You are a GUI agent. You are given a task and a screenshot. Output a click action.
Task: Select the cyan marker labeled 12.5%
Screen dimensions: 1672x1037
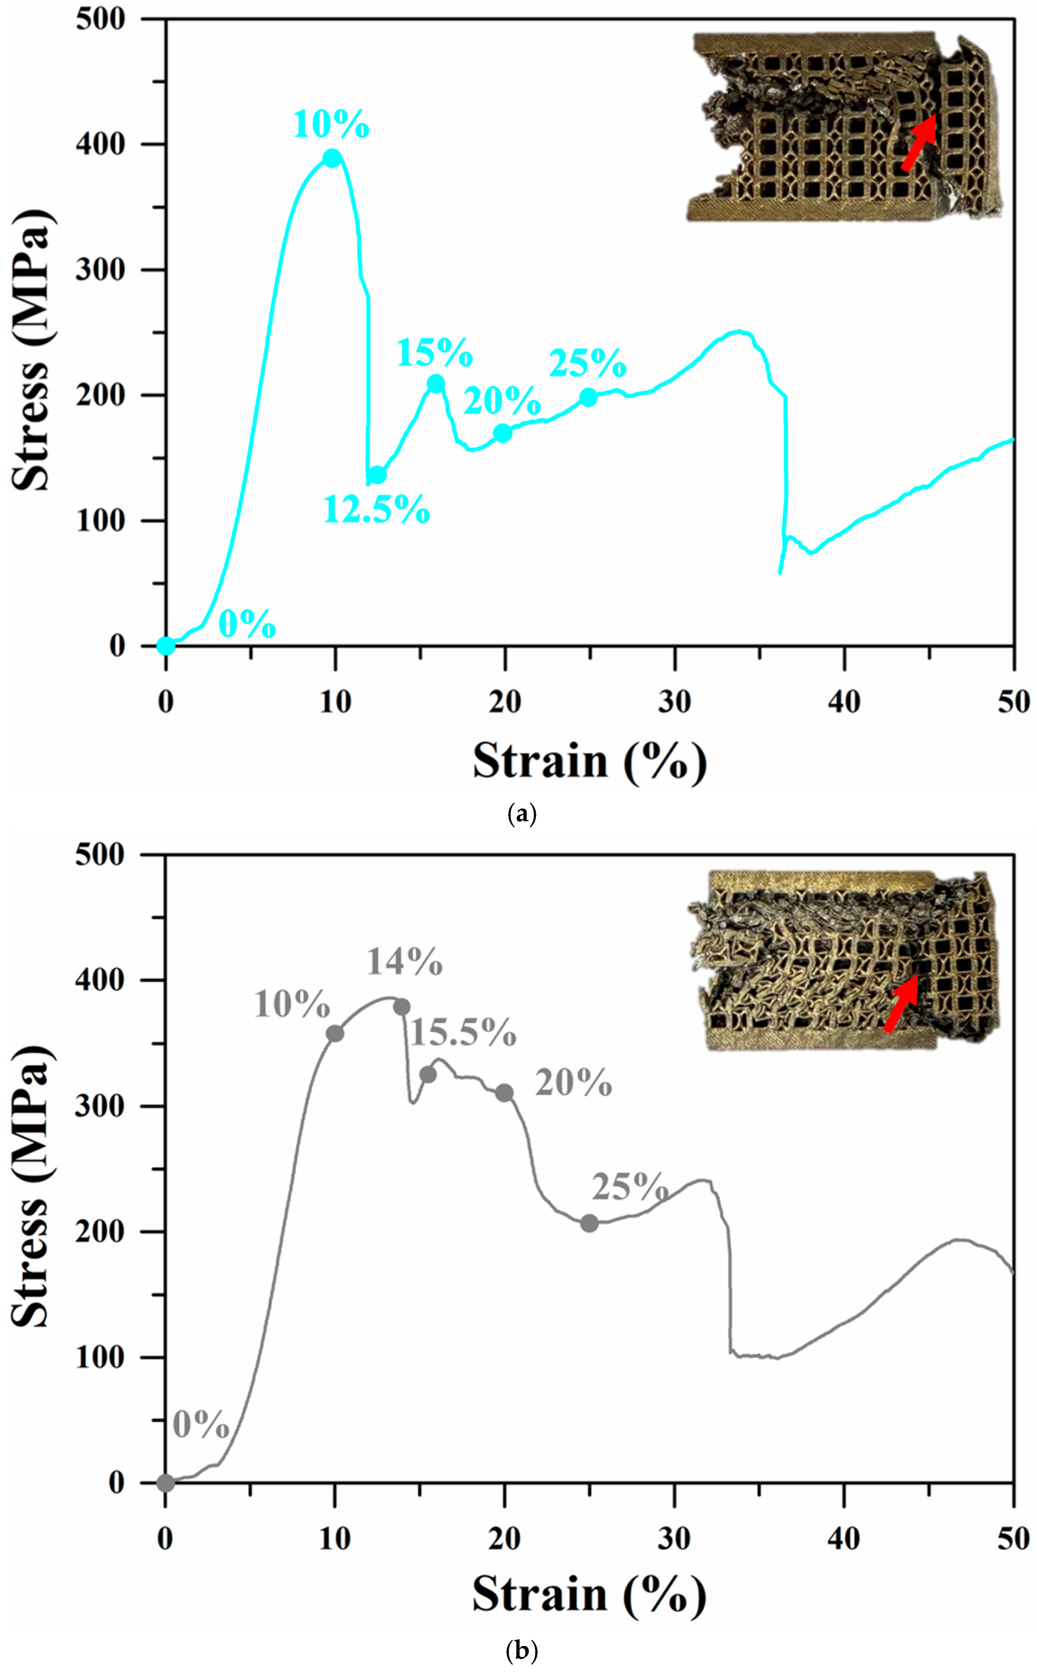point(377,475)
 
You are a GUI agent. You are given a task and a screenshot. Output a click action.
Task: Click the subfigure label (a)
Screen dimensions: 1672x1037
point(521,814)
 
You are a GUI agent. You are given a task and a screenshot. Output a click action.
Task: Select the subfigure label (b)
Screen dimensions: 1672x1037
point(521,1651)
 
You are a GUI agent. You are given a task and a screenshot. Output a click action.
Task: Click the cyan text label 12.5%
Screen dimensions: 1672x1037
point(377,510)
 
